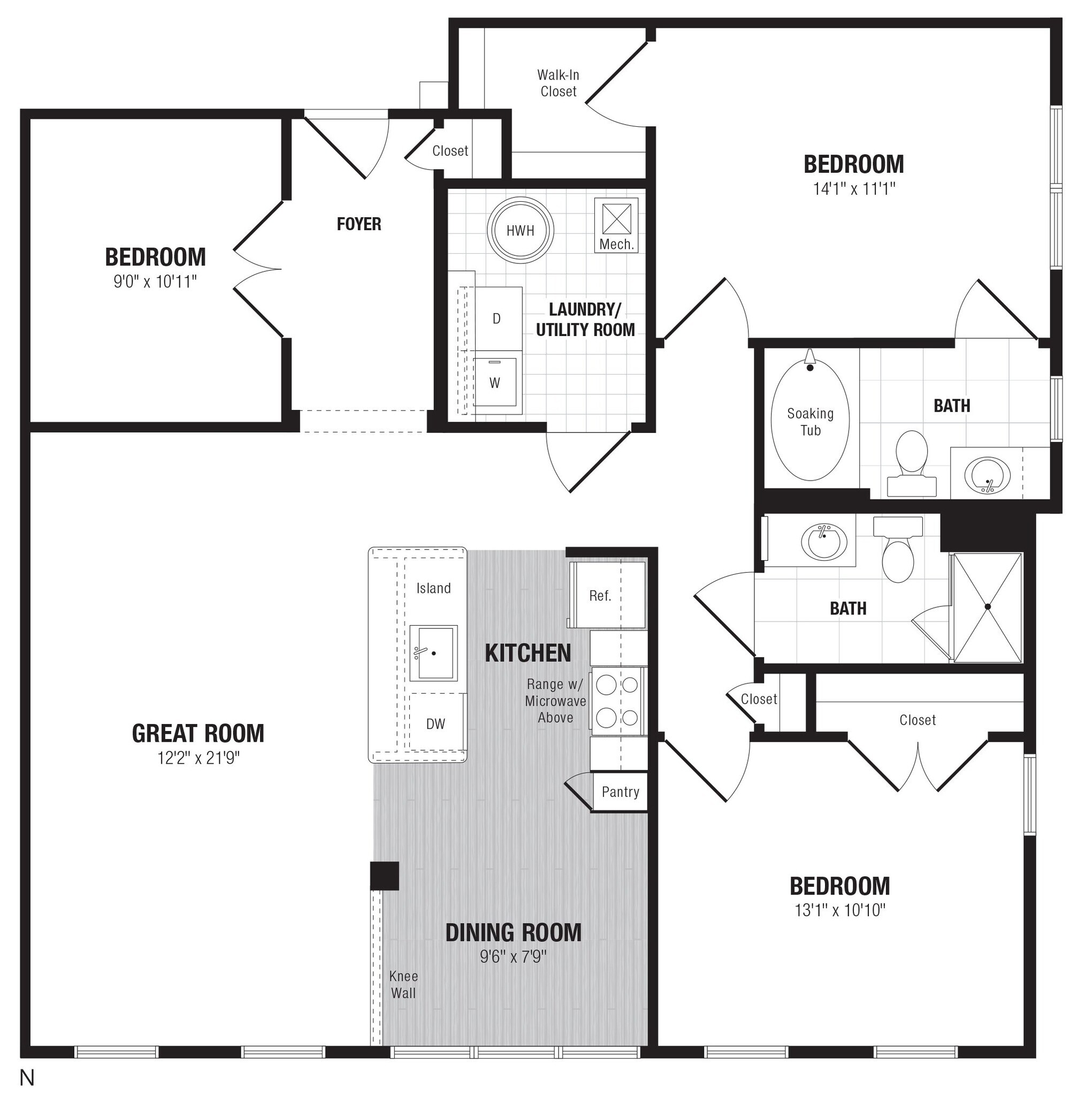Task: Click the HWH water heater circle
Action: (x=519, y=230)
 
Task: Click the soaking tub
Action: (x=810, y=422)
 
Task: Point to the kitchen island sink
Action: (x=433, y=653)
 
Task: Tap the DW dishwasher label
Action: (x=435, y=724)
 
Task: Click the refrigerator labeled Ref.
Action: (x=600, y=596)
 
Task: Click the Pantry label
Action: (x=621, y=792)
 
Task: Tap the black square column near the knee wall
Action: (x=385, y=876)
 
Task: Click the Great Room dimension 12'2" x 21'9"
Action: (x=198, y=758)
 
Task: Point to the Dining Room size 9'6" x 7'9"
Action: (x=513, y=957)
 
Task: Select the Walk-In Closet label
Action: (x=558, y=83)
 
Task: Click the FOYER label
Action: (x=358, y=224)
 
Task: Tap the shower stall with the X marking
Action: (x=988, y=607)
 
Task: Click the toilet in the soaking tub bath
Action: (x=912, y=461)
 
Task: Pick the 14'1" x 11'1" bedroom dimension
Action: (x=853, y=189)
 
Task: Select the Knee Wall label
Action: (x=403, y=984)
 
